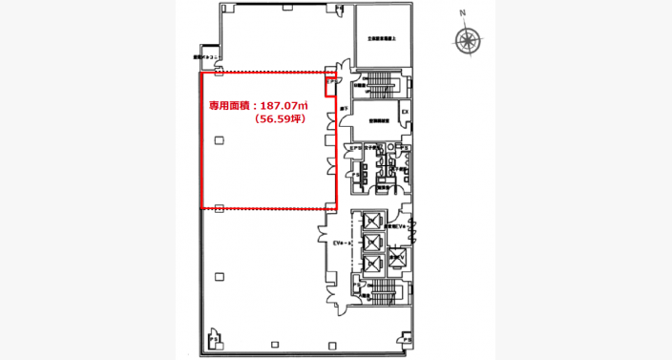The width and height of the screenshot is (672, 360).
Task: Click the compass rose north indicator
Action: (467, 39)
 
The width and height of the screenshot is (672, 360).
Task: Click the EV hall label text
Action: (343, 244)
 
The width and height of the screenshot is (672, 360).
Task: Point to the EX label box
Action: (404, 113)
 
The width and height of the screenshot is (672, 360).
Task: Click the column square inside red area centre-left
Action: (220, 141)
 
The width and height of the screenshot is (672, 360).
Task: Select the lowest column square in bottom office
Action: (220, 277)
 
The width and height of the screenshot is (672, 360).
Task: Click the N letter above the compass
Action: (461, 13)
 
